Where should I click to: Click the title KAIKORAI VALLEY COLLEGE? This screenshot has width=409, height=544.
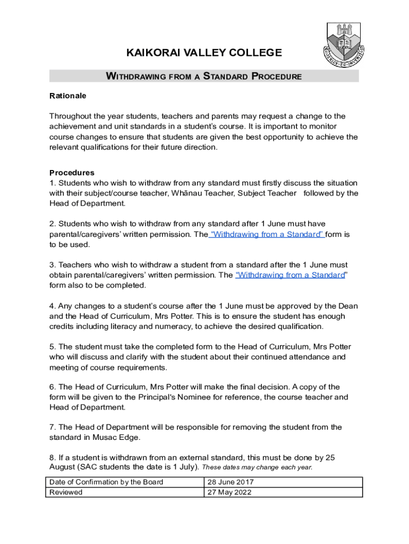[x=203, y=53]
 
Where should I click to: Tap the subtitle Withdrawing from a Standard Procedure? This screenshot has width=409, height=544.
[x=204, y=76]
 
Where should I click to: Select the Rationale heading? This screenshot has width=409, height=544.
[x=67, y=96]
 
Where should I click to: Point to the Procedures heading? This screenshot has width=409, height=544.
[x=72, y=173]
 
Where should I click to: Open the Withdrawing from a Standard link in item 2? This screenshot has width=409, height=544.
[x=267, y=234]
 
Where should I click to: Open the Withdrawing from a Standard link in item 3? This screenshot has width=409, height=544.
[x=290, y=275]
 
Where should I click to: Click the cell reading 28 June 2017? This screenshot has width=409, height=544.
[x=231, y=482]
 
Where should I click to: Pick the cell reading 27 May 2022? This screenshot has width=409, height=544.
[x=229, y=492]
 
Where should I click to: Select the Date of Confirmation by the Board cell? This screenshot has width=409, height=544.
[x=106, y=482]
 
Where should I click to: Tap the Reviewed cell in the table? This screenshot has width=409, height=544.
[x=66, y=492]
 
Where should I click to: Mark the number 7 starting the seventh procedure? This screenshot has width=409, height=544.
[x=52, y=427]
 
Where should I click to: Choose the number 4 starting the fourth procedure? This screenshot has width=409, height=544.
[x=52, y=306]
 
